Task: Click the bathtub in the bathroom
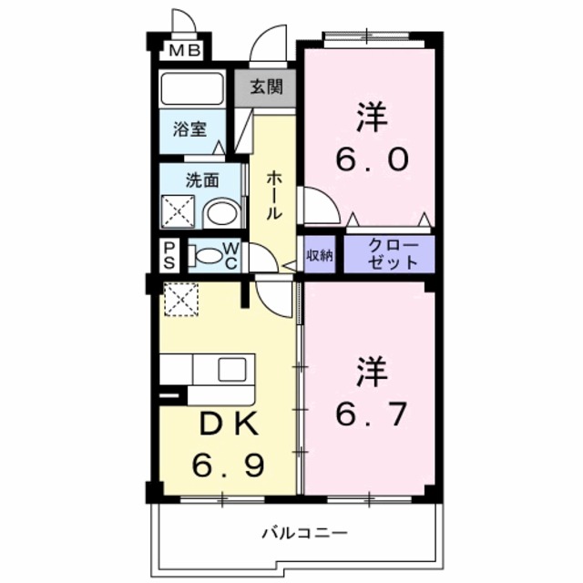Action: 193,89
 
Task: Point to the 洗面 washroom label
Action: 203,179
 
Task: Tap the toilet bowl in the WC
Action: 209,256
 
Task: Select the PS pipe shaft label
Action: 170,256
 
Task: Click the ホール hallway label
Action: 273,195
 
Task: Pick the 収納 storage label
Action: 319,254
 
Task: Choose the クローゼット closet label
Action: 394,254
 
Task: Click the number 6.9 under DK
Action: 228,466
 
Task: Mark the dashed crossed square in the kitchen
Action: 180,298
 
